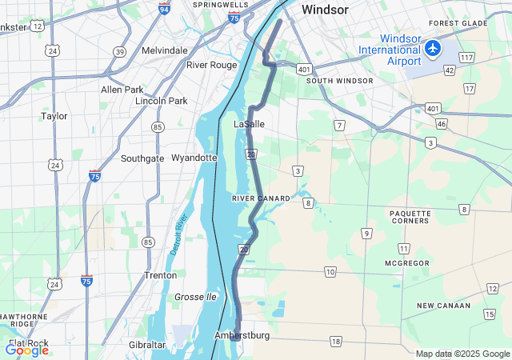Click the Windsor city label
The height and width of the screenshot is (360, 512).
point(325,10)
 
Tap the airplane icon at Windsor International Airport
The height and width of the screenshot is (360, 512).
point(433,48)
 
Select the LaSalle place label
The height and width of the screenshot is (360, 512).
point(249,125)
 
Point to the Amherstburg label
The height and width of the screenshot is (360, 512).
point(242,335)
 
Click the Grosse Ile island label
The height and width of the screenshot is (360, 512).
point(195,297)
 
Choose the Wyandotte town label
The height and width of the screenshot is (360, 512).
point(194,158)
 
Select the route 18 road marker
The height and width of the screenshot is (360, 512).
point(335,342)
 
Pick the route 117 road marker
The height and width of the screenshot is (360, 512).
point(466,58)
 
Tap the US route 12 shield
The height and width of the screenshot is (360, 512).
point(38,26)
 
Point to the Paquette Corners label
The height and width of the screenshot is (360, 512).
point(410,218)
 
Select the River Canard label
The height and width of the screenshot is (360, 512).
point(261,198)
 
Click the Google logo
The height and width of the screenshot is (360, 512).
point(26,350)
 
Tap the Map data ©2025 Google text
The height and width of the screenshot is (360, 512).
point(462,354)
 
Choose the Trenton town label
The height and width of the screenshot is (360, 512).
point(160,274)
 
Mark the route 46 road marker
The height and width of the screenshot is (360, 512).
point(441,124)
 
